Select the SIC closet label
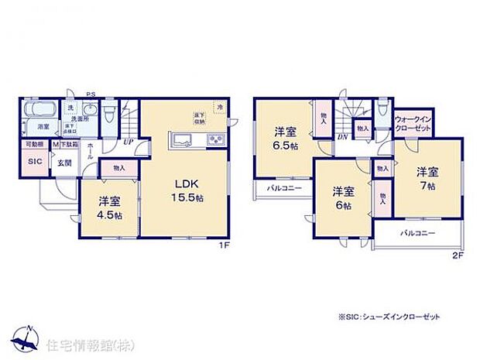pyautogui.click(x=35, y=162)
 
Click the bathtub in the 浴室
pyautogui.click(x=36, y=113)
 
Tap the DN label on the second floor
pyautogui.click(x=342, y=137)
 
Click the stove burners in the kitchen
pyautogui.click(x=214, y=141)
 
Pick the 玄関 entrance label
pyautogui.click(x=63, y=163)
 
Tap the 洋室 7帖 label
pyautogui.click(x=427, y=177)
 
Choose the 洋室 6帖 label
pyautogui.click(x=344, y=197)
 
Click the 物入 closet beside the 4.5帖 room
pyautogui.click(x=120, y=167)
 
